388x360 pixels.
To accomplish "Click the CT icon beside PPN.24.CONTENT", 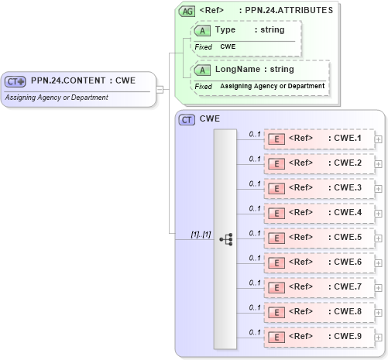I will (15, 81).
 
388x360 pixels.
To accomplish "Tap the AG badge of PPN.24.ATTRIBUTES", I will (187, 11).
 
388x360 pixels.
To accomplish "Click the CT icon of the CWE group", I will (187, 120).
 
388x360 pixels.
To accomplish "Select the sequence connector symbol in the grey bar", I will (225, 240).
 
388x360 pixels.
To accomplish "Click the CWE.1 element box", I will (318, 139).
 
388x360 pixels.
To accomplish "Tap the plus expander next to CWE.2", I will (378, 163).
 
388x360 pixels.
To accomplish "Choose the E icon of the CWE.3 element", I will (276, 188).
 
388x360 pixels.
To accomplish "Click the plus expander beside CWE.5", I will (378, 238).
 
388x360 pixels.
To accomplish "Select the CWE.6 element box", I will (318, 262).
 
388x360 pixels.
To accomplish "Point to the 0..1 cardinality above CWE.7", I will (254, 283).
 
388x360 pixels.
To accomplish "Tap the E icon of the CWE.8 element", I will (276, 312).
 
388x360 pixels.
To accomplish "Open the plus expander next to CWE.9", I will (378, 337).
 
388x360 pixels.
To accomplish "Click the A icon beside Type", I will (203, 30).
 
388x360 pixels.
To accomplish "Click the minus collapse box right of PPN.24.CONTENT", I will (159, 88).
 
